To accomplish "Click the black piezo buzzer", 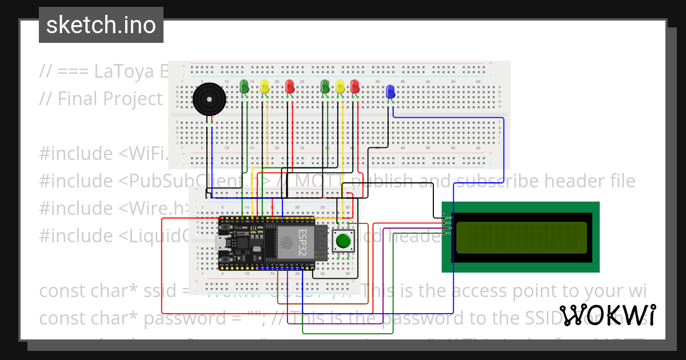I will pyautogui.click(x=208, y=100).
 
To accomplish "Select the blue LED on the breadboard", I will pyautogui.click(x=390, y=91).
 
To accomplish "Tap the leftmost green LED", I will pyautogui.click(x=244, y=86).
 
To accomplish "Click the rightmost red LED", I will pyautogui.click(x=355, y=87).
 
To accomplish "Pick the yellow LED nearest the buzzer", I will pyautogui.click(x=264, y=87).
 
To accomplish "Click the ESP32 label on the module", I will pyautogui.click(x=302, y=242).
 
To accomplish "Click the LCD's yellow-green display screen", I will pyautogui.click(x=521, y=237).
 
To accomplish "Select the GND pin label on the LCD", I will pyautogui.click(x=449, y=218).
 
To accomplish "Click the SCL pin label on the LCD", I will pyautogui.click(x=449, y=233).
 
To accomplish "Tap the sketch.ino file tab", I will pyautogui.click(x=101, y=25).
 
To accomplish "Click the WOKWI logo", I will pyautogui.click(x=607, y=315).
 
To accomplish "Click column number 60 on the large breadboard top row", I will pyautogui.click(x=478, y=82).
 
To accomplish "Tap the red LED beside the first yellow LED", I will pyautogui.click(x=290, y=87).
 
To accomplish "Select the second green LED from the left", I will pyautogui.click(x=325, y=87).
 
